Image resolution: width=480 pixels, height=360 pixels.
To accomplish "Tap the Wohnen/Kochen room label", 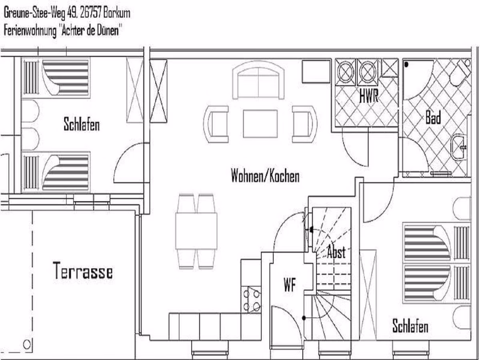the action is click(x=265, y=176).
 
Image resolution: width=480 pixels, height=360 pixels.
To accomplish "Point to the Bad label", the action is click(x=433, y=118).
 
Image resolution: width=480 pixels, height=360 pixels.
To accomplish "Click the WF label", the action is click(x=290, y=284).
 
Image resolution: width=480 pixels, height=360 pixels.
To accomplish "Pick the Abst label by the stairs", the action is click(x=336, y=252).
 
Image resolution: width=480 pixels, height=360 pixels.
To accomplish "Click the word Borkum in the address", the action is click(x=116, y=13).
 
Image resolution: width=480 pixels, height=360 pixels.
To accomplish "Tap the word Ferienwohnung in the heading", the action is click(x=30, y=31).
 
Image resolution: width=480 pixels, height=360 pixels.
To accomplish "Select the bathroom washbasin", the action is click(x=459, y=147).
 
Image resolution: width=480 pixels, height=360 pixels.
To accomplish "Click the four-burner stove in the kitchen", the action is click(x=252, y=300).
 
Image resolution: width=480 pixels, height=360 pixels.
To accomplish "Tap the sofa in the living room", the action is click(x=258, y=80).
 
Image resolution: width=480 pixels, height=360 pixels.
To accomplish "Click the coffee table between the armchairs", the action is click(x=260, y=124).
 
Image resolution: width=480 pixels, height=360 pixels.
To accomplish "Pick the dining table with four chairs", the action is click(x=196, y=231).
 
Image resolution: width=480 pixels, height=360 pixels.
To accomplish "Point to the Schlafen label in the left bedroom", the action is click(x=82, y=124).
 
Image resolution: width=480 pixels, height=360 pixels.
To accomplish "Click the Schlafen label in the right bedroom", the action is click(x=410, y=326).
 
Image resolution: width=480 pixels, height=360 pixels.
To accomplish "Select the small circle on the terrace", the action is click(x=27, y=345).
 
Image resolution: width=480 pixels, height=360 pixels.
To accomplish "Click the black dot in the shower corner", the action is click(x=406, y=64).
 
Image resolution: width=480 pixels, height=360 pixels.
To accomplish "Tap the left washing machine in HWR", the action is click(x=346, y=72).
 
